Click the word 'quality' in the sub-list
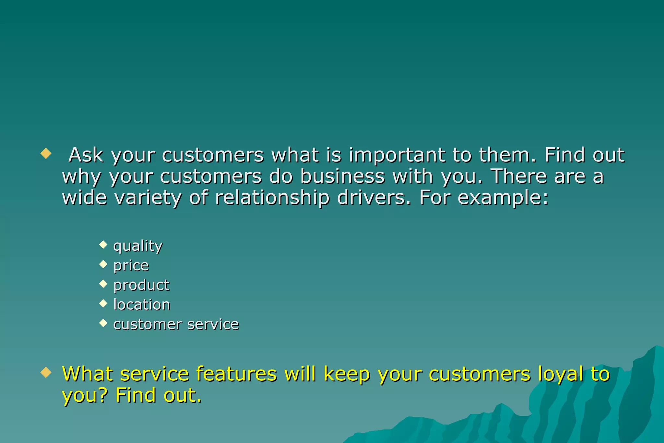tap(138, 246)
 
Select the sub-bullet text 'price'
tap(131, 266)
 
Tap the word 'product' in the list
tap(141, 285)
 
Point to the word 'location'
tap(142, 305)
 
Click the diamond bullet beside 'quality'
tap(103, 244)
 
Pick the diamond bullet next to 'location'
tap(103, 303)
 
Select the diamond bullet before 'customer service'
tap(103, 323)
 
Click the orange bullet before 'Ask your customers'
tap(46, 153)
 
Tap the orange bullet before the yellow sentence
tap(46, 373)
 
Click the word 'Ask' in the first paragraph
tap(86, 155)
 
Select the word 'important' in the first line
tap(397, 155)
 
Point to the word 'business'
tap(343, 176)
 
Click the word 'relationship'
tap(272, 198)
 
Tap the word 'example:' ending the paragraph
tap(503, 198)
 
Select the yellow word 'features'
tap(237, 374)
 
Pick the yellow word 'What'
tap(87, 374)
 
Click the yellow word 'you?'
tap(85, 396)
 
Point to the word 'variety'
tap(148, 198)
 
